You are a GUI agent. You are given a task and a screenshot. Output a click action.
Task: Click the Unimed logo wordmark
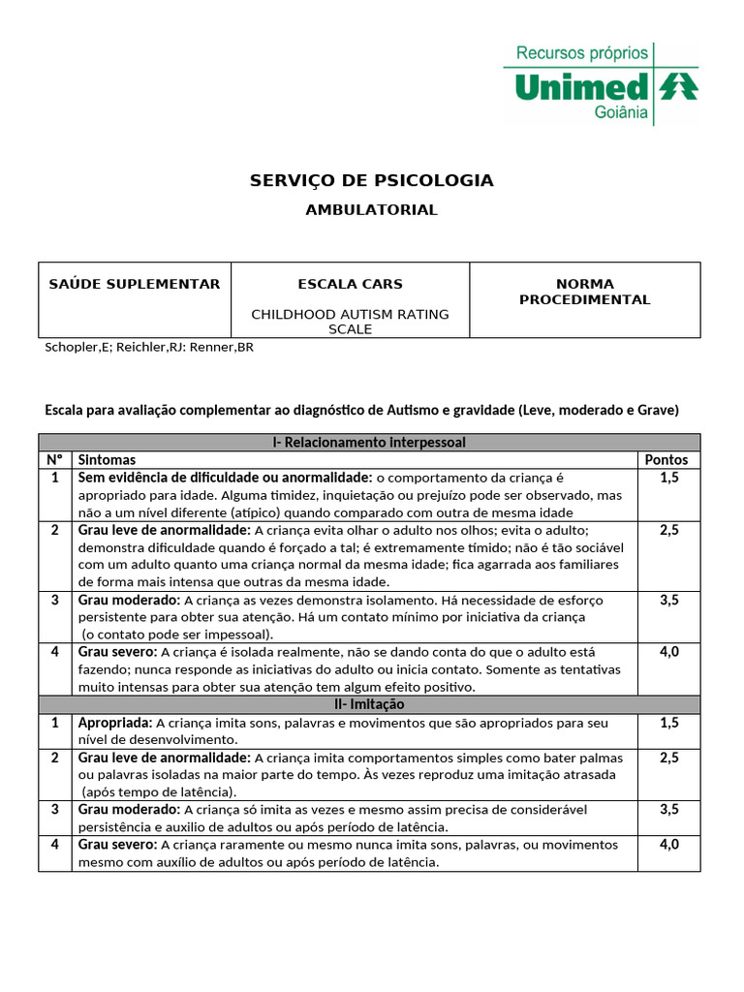[581, 87]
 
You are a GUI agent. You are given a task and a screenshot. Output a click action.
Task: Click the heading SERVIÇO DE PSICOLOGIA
[371, 180]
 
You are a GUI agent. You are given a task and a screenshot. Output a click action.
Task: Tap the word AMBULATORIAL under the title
[371, 209]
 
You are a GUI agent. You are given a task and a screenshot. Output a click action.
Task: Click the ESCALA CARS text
[350, 284]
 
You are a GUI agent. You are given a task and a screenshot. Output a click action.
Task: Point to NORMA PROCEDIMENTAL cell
[584, 292]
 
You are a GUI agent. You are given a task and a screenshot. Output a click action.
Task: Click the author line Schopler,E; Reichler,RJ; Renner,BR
[149, 347]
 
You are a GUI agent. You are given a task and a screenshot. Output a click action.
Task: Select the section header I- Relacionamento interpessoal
[369, 442]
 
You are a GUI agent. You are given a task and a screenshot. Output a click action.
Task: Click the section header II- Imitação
[369, 704]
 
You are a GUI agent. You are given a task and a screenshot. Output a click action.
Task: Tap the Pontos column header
[666, 459]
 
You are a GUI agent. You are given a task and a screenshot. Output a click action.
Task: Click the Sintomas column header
[107, 459]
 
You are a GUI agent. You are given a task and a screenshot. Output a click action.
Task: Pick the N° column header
[54, 459]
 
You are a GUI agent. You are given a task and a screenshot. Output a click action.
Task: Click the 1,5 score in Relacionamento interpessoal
[668, 478]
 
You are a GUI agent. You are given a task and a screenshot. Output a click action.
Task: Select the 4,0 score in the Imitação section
[668, 844]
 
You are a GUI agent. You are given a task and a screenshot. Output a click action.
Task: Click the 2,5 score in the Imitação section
[668, 758]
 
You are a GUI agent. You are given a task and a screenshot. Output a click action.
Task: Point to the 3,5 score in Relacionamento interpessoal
[668, 600]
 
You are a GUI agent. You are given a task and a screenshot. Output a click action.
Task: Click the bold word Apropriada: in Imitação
[114, 723]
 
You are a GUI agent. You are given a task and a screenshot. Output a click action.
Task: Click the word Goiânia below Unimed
[620, 112]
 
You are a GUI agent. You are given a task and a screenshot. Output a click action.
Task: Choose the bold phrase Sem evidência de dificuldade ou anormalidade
[225, 478]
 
